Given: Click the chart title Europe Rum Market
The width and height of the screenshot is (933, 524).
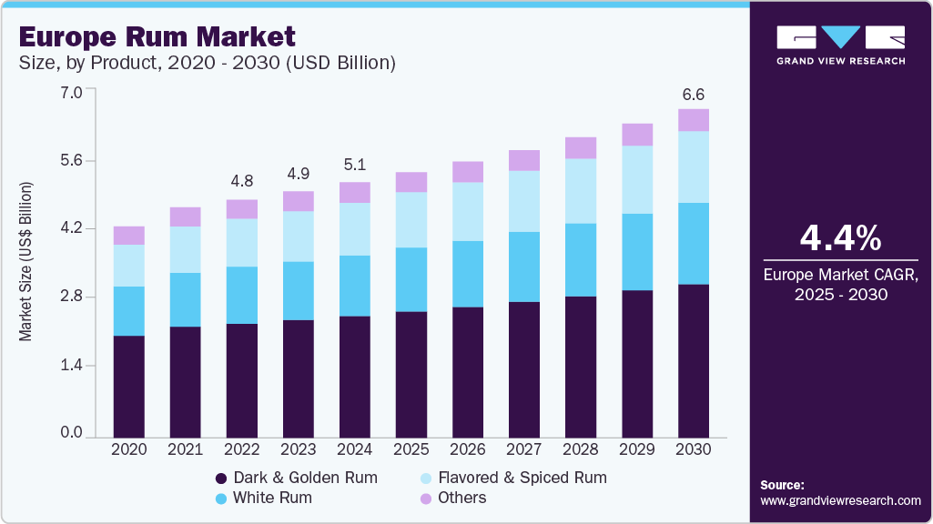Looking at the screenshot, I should point(157,36).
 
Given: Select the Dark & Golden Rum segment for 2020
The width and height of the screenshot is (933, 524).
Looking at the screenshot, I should point(129,386).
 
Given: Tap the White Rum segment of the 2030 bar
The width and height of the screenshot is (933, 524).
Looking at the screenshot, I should point(694,243).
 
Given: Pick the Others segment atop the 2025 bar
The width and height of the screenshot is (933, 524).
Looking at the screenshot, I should point(411,182).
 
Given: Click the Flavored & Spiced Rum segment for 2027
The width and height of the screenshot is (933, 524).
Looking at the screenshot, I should point(524,201).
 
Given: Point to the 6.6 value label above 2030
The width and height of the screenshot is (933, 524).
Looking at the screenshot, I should point(694,95).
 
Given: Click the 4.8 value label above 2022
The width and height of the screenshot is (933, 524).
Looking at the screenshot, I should point(242,179).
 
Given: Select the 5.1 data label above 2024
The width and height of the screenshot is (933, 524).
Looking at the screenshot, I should point(355,165).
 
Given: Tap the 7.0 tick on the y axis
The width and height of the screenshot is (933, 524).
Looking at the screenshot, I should point(72,92).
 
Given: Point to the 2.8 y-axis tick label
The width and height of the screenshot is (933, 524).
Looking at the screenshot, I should point(72,297).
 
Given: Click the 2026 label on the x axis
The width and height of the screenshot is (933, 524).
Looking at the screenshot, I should point(468,449).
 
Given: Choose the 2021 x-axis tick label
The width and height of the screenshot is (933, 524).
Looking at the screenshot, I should point(186,449).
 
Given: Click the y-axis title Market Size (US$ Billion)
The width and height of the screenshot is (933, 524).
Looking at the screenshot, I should point(25,262).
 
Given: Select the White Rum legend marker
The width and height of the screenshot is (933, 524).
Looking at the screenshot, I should point(220,499).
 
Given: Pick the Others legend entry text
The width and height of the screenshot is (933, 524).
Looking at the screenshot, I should point(461,498).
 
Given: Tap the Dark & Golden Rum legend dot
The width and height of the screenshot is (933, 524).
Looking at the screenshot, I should point(220,478).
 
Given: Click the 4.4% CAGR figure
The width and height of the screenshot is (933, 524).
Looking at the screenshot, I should point(840,238).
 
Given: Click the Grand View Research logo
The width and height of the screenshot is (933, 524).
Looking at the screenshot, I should point(840,45).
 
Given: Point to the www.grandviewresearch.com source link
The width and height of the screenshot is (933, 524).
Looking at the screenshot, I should point(840,500).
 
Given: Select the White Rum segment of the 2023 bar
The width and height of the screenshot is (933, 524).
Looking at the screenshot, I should point(299,290).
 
